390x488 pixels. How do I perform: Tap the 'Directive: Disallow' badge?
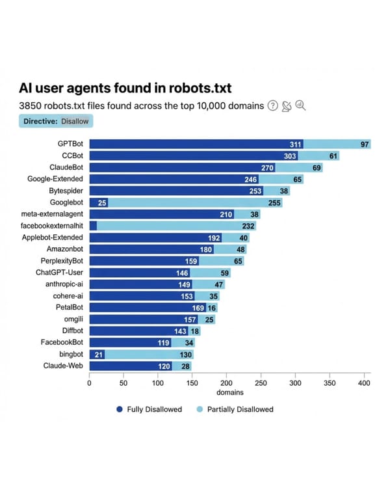57,121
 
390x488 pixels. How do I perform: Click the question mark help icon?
273,106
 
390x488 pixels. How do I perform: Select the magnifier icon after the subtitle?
300,106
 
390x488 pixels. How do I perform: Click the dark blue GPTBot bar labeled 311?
195,144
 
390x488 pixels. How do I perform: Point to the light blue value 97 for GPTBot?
365,144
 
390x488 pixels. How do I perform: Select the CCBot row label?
73,156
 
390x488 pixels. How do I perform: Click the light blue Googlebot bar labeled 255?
195,202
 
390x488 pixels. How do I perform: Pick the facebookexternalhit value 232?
248,226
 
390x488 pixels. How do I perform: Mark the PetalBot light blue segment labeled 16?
212,307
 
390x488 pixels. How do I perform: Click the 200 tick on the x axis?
227,383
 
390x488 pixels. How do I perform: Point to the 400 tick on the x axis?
364,383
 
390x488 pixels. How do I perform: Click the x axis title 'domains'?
229,393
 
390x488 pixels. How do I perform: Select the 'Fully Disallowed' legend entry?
149,409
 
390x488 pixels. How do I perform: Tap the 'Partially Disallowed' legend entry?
238,409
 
